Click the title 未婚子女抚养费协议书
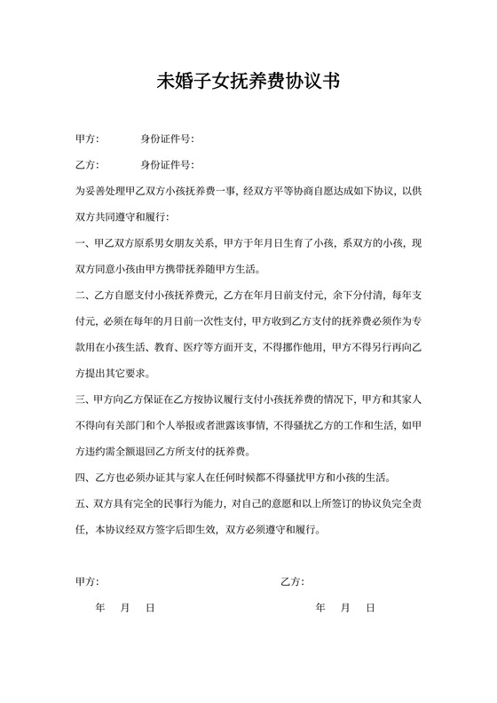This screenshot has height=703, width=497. point(248,82)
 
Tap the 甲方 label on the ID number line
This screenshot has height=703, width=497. point(86,139)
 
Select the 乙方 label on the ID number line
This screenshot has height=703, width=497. point(86,165)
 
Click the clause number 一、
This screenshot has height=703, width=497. point(83,242)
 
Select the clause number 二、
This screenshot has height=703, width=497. point(83,294)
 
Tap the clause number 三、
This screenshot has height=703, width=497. point(83,399)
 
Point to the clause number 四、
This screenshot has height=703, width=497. point(83,477)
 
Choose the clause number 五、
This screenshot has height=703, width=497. point(83,503)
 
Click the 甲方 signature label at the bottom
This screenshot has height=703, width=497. point(86,581)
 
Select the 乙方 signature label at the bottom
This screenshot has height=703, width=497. point(291,581)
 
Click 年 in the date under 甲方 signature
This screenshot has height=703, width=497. point(99,608)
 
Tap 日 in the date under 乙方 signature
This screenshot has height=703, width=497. point(370,608)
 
